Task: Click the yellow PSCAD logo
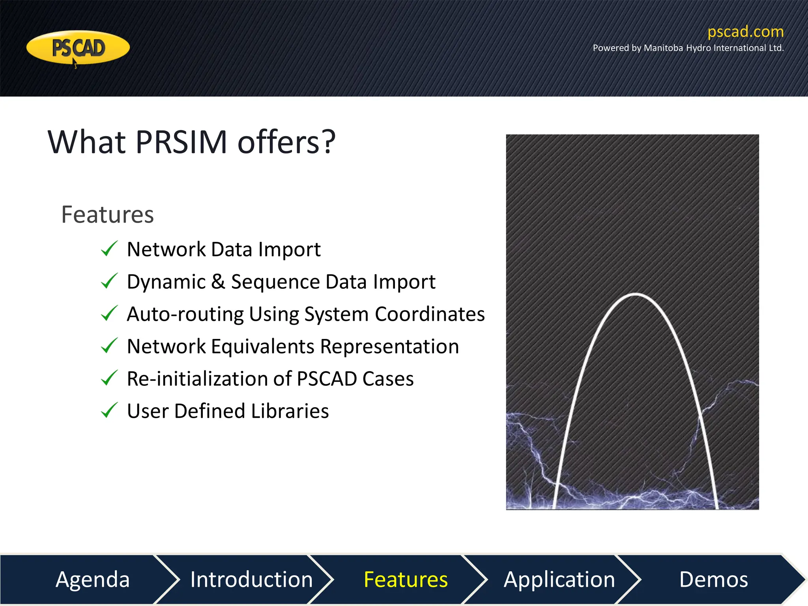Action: pyautogui.click(x=78, y=48)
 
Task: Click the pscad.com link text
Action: pyautogui.click(x=745, y=32)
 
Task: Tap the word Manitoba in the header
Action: pyautogui.click(x=663, y=48)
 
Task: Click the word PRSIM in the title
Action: pyautogui.click(x=181, y=142)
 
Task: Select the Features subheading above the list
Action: pyautogui.click(x=107, y=215)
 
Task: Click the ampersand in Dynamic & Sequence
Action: pyautogui.click(x=218, y=282)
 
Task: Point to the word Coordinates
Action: pyautogui.click(x=429, y=314)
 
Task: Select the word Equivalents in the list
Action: pyautogui.click(x=262, y=346)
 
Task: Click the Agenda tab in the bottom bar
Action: pyautogui.click(x=92, y=579)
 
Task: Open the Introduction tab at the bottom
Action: pyautogui.click(x=251, y=579)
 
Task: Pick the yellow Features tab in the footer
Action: pyautogui.click(x=406, y=579)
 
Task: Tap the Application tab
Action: pyautogui.click(x=559, y=579)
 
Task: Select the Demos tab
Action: pyautogui.click(x=713, y=579)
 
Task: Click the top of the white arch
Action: pyautogui.click(x=635, y=294)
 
